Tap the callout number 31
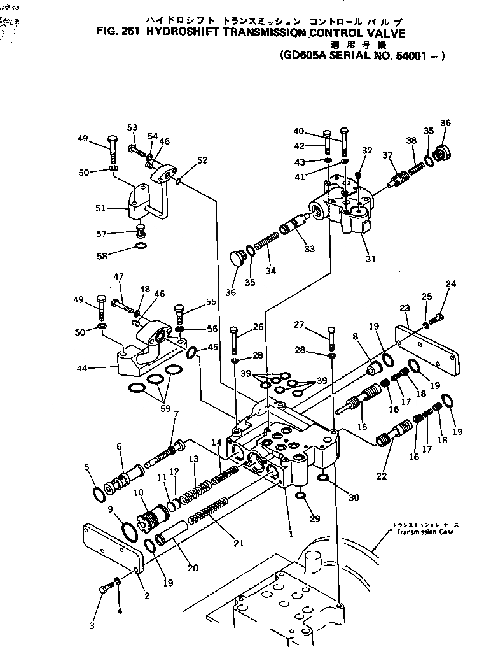click(370, 259)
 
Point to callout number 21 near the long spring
click(239, 543)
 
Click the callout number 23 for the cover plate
click(405, 308)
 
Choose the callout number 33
click(309, 249)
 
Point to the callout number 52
click(202, 160)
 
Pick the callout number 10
click(137, 493)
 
